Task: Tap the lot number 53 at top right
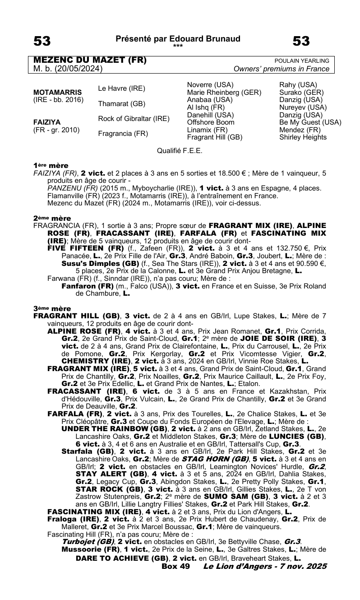301,42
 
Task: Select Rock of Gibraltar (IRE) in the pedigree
134,119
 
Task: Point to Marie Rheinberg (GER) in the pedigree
224,93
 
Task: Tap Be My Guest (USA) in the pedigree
310,122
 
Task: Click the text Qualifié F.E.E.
180,150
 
